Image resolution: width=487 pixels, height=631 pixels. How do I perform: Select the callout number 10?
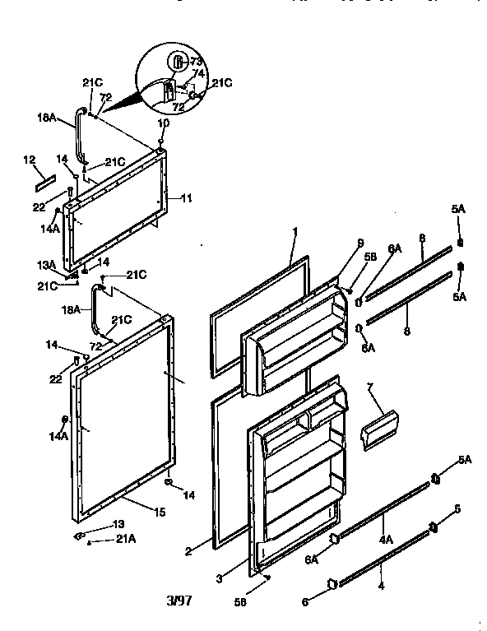[163, 123]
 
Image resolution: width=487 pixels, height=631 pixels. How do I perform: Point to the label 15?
[159, 512]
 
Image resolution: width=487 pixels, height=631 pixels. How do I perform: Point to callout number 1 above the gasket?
[294, 233]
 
